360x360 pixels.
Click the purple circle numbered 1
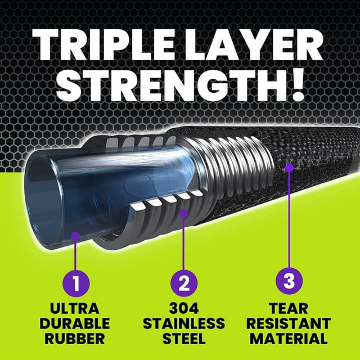76,283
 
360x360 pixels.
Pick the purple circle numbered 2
184,283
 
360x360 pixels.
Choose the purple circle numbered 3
289,281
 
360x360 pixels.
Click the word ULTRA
75,308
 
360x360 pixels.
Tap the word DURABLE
75,323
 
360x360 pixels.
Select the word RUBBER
75,338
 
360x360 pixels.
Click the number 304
184,308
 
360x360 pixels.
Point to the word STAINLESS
184,323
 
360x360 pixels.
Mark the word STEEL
184,338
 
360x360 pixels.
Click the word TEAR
289,308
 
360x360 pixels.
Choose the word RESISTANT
289,323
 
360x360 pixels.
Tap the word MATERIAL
289,338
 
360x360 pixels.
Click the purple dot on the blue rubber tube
75,236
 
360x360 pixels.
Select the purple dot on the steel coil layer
183,214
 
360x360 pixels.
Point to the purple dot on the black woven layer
289,168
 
